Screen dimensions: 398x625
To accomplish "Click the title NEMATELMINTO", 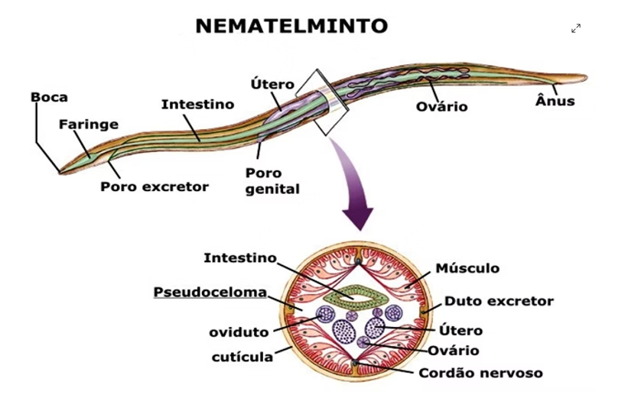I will [291, 26].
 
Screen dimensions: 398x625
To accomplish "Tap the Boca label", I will [49, 97].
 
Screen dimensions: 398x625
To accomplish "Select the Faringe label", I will [89, 124].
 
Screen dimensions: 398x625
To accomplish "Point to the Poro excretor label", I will [155, 186].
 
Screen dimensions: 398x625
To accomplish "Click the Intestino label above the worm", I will [197, 103].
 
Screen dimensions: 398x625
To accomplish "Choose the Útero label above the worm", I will [273, 83].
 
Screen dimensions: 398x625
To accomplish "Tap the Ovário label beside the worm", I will [442, 105].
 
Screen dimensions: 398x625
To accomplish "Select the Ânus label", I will [554, 101].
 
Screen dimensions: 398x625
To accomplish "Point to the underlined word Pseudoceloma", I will [210, 292].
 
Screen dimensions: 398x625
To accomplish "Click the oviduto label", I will [239, 332].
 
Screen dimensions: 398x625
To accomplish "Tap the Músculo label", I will [467, 268].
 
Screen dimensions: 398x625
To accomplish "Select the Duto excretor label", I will [498, 301].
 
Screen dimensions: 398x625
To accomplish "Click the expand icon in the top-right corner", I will [576, 28].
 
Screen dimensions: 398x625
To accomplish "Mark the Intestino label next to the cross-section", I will [239, 257].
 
